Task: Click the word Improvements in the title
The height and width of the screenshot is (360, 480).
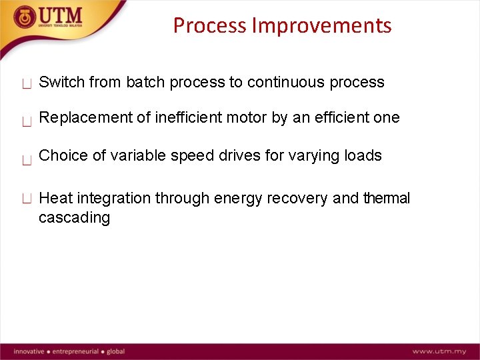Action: click(x=322, y=26)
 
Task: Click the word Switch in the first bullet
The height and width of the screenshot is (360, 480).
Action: click(x=61, y=83)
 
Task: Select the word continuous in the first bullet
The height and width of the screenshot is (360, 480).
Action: click(x=289, y=83)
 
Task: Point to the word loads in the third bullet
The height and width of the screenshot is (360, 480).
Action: click(x=363, y=156)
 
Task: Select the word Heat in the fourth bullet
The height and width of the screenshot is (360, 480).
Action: click(x=56, y=198)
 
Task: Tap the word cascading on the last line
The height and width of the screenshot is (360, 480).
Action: click(x=74, y=218)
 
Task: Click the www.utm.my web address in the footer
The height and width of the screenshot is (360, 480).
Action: click(x=439, y=351)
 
